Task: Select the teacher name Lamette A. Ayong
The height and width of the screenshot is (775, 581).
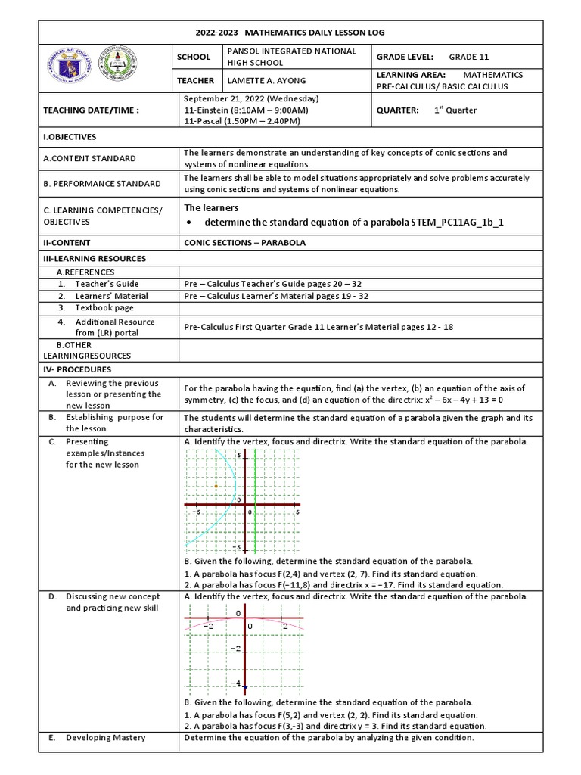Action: pos(261,81)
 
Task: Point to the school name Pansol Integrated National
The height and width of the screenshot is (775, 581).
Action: pos(280,51)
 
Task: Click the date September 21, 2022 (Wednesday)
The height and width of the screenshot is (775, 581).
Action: pos(252,98)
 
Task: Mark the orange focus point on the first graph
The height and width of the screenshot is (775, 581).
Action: pos(216,486)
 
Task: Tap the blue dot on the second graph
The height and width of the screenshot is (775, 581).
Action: pos(246,687)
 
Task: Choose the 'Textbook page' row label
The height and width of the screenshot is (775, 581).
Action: pos(104,308)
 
